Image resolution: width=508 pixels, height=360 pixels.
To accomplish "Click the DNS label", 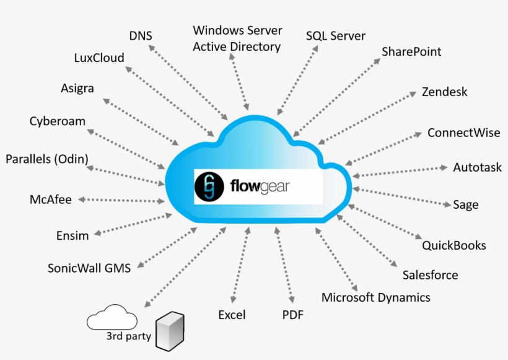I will point(141,35).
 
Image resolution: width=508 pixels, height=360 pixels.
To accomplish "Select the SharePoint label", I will point(411,51).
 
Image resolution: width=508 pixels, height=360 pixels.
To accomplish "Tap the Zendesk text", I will point(444,92).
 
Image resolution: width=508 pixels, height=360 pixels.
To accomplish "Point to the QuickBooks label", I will point(453,245).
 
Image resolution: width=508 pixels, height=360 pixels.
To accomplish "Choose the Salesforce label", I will point(430,275).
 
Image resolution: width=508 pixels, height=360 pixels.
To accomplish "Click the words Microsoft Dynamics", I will point(375,297).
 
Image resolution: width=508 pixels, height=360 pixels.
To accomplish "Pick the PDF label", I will point(292,315).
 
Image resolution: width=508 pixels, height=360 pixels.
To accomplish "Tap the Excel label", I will point(232,315).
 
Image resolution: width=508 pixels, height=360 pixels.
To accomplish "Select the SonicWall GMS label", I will point(89,268).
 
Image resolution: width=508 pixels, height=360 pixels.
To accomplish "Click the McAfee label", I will point(51,200).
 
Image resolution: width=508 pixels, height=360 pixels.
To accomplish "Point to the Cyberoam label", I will point(57,121).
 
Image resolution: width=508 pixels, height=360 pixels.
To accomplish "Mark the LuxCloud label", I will point(99,58).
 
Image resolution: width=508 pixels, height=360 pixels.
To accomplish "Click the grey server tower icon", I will point(171,331).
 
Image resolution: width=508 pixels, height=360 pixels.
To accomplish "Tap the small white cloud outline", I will point(112,317).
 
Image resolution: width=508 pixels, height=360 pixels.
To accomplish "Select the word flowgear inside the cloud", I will point(260,186).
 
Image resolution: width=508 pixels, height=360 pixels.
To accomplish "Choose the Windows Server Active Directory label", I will point(237,38).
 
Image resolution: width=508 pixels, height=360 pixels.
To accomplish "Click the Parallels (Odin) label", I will point(47,159).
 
